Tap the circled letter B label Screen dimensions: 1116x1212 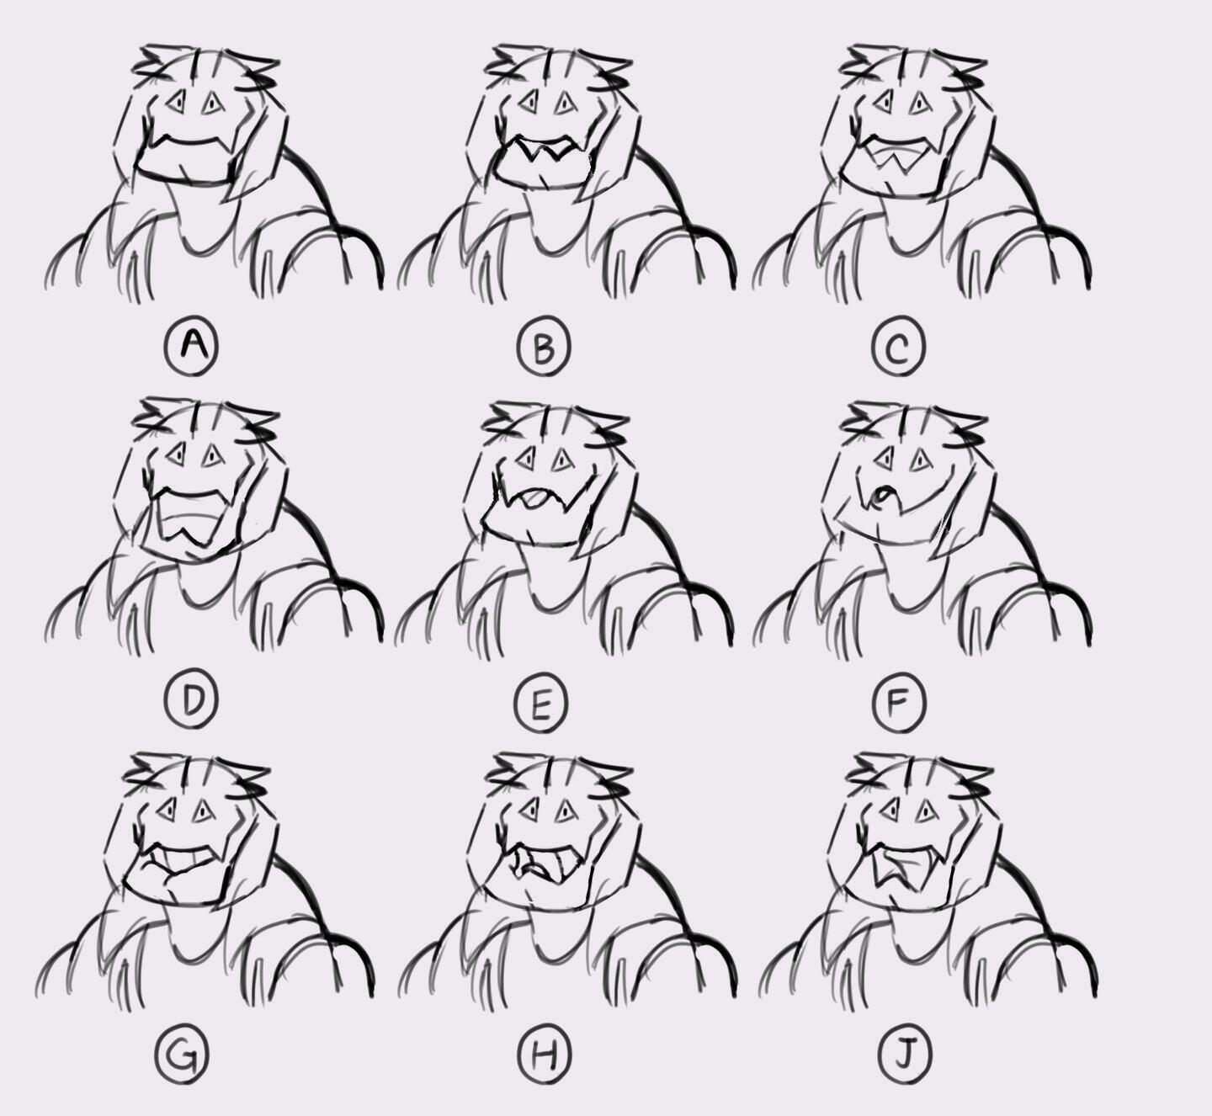[x=543, y=347]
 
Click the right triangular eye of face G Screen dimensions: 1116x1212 [x=205, y=811]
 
